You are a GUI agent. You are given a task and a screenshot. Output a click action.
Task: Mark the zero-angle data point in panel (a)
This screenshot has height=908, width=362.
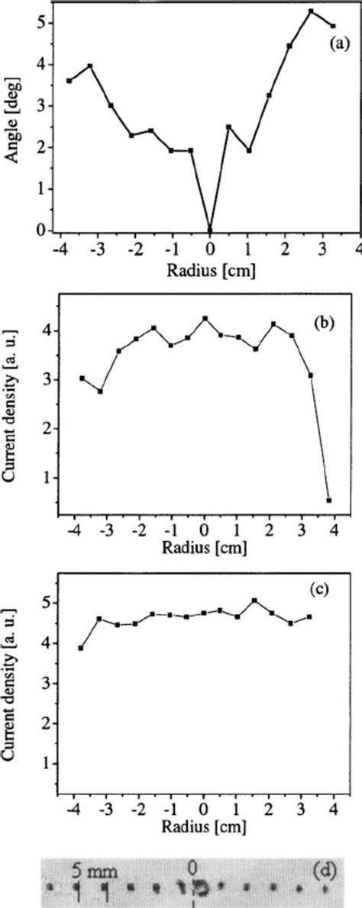tap(210, 229)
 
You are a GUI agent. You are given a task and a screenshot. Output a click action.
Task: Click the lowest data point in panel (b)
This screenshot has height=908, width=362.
tap(329, 500)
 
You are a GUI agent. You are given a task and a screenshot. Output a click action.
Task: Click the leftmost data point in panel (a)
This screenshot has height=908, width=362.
tap(69, 80)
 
